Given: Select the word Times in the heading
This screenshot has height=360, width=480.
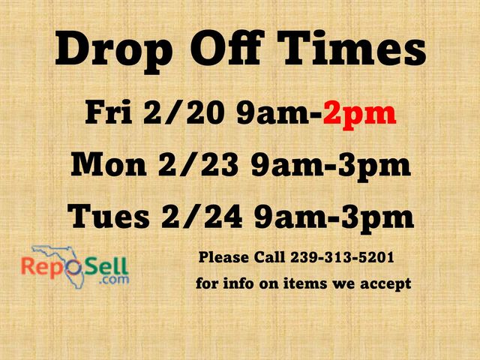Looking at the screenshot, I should [352, 50].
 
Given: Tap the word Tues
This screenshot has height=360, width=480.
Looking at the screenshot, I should [109, 217].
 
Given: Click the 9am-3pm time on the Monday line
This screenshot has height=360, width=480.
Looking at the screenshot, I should [330, 165].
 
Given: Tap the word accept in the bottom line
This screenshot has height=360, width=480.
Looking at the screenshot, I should [385, 284].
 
